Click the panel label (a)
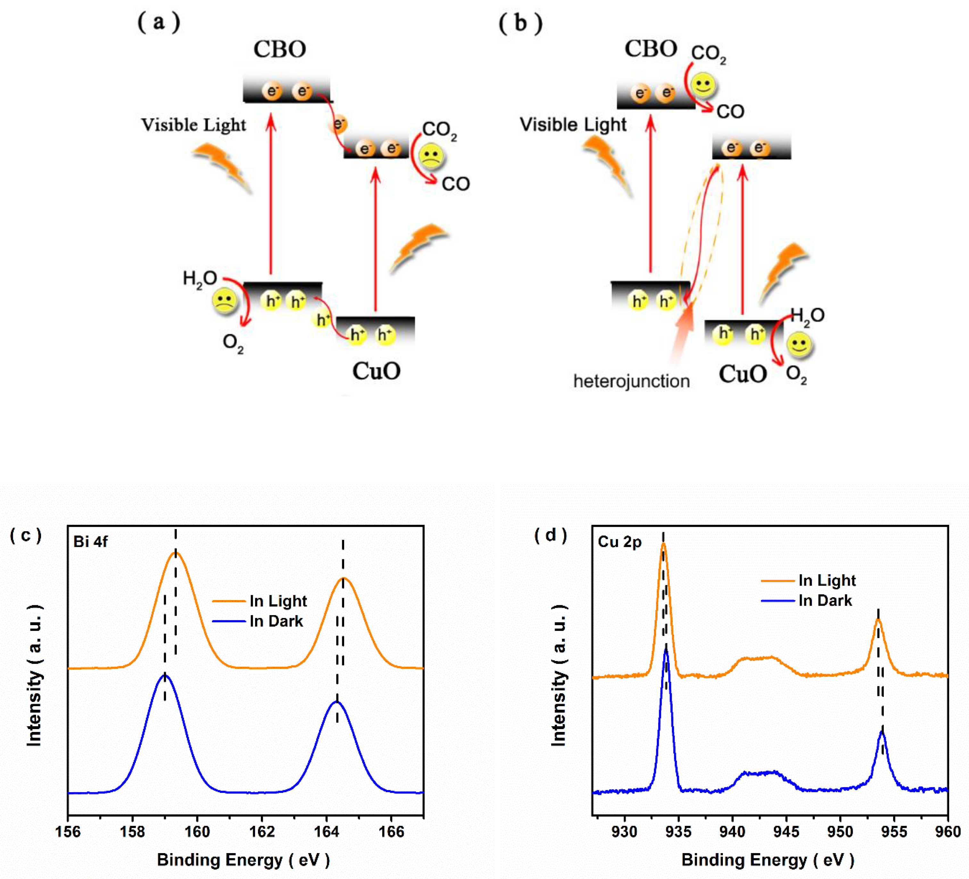(x=159, y=22)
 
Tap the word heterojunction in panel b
(x=631, y=381)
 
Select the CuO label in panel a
(x=376, y=371)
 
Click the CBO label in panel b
(x=651, y=49)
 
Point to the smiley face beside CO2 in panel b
(x=703, y=85)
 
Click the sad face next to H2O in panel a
(x=224, y=301)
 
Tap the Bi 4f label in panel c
(x=90, y=542)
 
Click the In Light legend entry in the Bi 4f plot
(x=278, y=601)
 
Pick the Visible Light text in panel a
(x=193, y=125)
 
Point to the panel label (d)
(x=551, y=535)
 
